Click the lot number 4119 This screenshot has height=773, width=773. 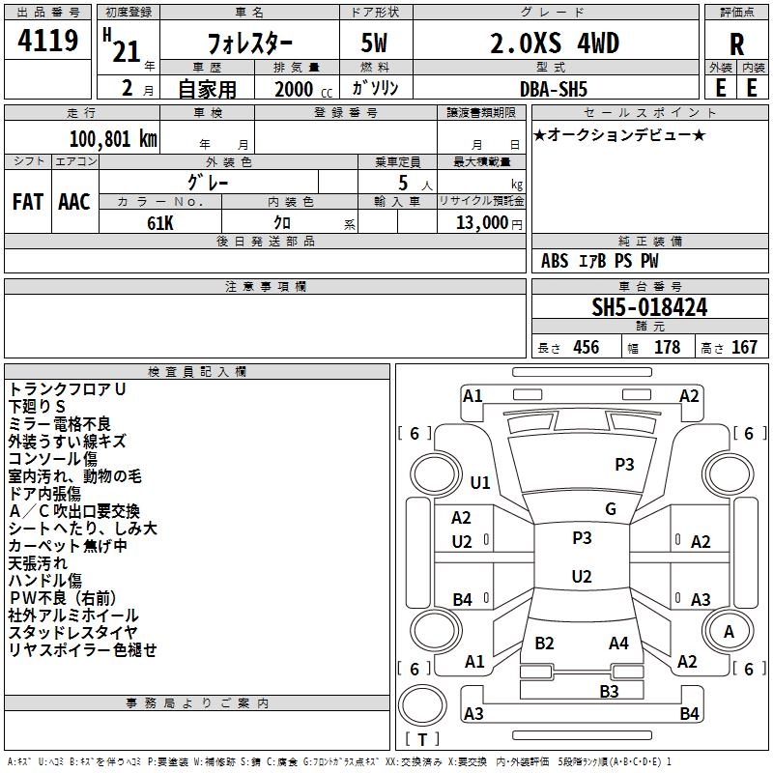47,41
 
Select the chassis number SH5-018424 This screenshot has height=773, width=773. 649,307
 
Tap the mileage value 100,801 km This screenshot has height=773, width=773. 113,138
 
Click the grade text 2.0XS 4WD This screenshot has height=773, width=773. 555,43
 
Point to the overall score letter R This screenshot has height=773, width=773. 736,44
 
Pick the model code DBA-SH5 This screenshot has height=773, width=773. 554,89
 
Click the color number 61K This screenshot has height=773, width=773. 160,223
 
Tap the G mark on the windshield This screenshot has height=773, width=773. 611,509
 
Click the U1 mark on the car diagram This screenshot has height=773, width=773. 480,482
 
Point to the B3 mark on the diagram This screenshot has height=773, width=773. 609,692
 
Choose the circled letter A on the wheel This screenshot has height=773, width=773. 729,632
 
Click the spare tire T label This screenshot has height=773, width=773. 422,739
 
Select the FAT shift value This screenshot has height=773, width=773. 28,202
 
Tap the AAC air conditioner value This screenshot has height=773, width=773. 74,202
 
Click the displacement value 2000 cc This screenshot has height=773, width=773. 303,89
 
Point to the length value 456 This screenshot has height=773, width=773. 587,347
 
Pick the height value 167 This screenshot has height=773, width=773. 744,347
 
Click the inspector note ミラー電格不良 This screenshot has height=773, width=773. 59,423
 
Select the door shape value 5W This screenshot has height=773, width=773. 374,43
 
